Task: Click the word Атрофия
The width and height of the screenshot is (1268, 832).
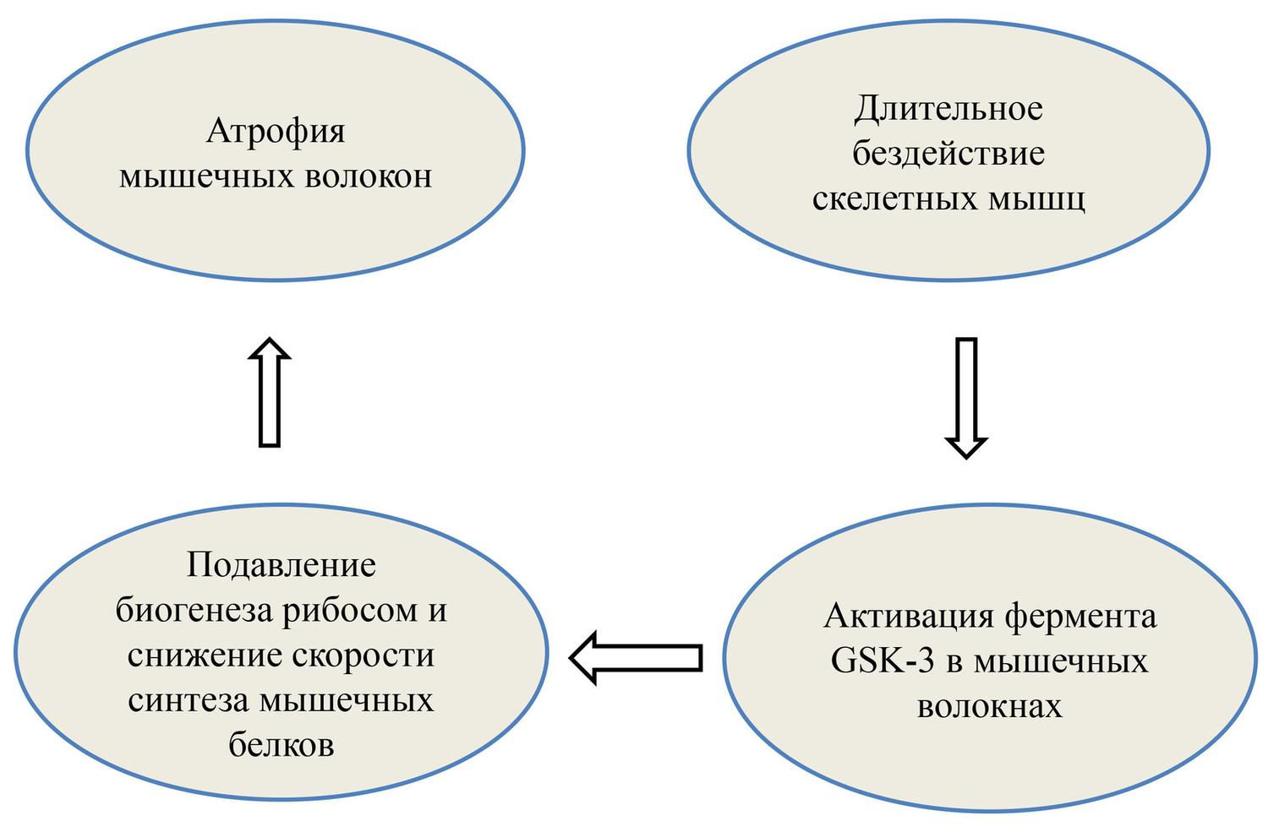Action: coord(276,133)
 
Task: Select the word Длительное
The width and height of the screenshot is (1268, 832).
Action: coord(948,109)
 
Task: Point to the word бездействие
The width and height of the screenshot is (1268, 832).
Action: coord(948,155)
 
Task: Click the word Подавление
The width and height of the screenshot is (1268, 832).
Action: coord(281,564)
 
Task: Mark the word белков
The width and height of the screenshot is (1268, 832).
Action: coord(281,746)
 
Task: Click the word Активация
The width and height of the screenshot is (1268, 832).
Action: coord(908,616)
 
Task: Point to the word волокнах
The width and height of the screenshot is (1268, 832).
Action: coord(989,706)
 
